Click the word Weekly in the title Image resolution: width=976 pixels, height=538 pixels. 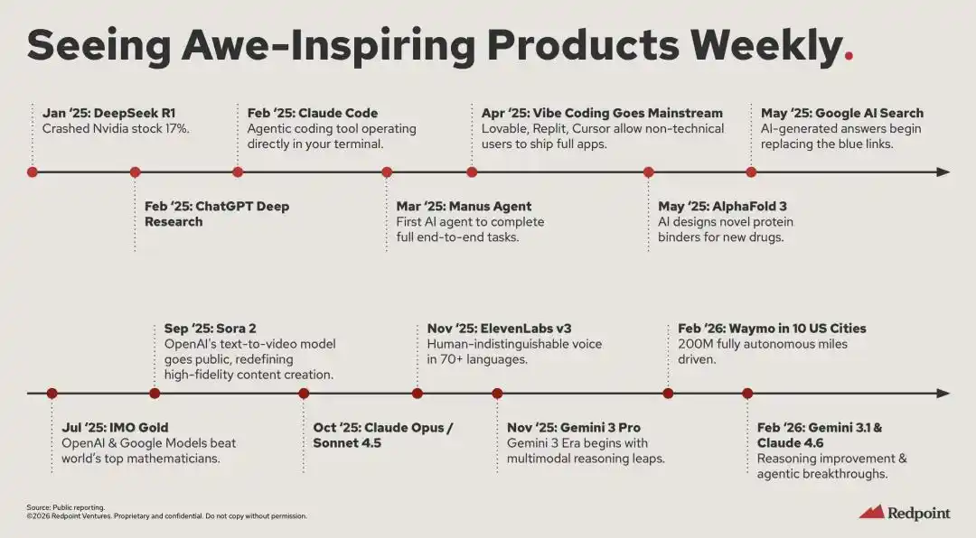click(766, 46)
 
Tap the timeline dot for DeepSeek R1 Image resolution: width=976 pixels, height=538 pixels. click(33, 172)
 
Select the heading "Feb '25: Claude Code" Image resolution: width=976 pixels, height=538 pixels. click(313, 113)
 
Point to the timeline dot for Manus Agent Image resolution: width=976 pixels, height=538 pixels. click(387, 172)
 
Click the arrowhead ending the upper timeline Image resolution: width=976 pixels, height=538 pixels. click(943, 172)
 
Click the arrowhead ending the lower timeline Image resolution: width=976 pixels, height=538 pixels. click(943, 393)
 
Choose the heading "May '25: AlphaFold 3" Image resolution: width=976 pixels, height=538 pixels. click(723, 207)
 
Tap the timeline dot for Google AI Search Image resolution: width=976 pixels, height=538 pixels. click(751, 172)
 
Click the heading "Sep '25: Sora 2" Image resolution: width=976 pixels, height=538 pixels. click(211, 329)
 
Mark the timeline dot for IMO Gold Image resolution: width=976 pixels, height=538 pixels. click(52, 393)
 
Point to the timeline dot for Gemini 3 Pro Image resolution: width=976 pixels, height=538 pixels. click(497, 393)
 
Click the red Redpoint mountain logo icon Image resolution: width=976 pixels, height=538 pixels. click(871, 512)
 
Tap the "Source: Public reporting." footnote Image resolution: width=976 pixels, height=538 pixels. click(66, 507)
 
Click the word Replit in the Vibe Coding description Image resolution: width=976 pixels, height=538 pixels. click(546, 129)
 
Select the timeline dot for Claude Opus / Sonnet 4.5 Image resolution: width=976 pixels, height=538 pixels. click(304, 393)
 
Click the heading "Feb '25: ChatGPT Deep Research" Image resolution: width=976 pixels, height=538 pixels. click(217, 214)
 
